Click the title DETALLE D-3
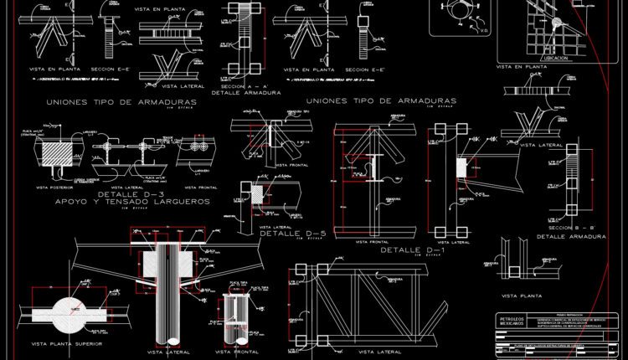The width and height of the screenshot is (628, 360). [95, 194]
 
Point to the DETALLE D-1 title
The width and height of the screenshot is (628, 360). [412, 249]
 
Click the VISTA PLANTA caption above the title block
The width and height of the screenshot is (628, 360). [521, 296]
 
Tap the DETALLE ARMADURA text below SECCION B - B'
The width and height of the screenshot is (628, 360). [564, 237]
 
